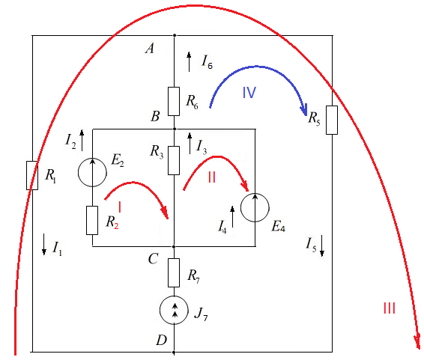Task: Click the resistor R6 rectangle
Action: tap(174, 101)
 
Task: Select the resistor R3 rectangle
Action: tap(174, 160)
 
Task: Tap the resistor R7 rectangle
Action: tap(174, 272)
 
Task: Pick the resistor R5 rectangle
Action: tap(332, 120)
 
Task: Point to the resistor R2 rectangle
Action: tap(92, 220)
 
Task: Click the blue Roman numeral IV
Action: tap(249, 93)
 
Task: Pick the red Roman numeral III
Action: tap(390, 308)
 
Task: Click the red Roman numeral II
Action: tap(212, 177)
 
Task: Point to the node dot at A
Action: tap(175, 35)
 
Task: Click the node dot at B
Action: tap(175, 129)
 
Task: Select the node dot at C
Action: tap(174, 246)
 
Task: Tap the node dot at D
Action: tap(174, 353)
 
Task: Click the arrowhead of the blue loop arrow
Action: tap(304, 111)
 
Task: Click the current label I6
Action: tap(208, 62)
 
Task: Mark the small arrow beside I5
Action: tap(322, 245)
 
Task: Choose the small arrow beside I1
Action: tap(43, 245)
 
